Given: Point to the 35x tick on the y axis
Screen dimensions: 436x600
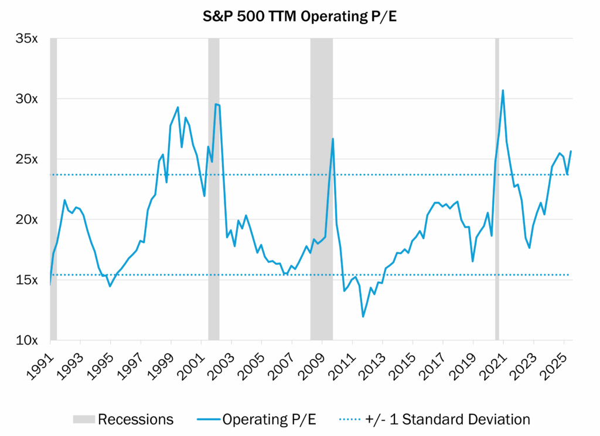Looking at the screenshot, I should point(27,39).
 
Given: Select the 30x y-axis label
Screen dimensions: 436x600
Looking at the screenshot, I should point(27,99).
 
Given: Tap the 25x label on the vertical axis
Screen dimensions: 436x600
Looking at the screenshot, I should point(27,159).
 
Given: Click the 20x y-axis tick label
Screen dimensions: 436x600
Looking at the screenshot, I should point(27,219).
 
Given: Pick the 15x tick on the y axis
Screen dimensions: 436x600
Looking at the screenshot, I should point(27,280).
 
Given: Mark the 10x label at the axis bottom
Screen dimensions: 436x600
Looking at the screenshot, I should point(27,340).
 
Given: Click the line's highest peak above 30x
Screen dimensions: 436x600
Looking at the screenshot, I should point(503,90).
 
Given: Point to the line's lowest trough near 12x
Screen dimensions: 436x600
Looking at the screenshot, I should point(363,317).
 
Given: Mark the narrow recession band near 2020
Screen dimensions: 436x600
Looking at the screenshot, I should point(497,188).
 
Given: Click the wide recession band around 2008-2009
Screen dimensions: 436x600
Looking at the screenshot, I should point(321,188).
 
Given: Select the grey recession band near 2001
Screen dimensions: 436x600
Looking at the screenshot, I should point(214,188).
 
